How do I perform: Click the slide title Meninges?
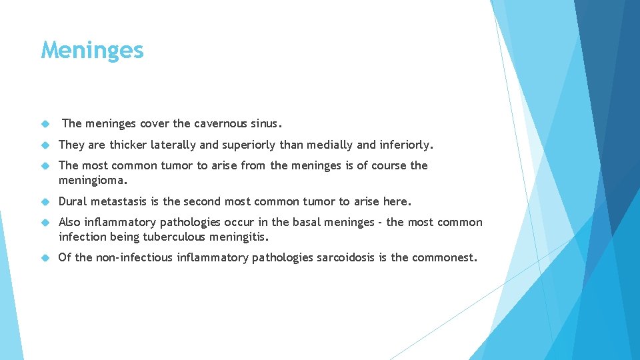(x=92, y=50)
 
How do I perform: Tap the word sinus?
(x=267, y=123)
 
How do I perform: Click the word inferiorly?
(x=407, y=145)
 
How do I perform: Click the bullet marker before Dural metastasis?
(x=45, y=201)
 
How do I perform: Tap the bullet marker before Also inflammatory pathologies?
(x=45, y=223)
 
